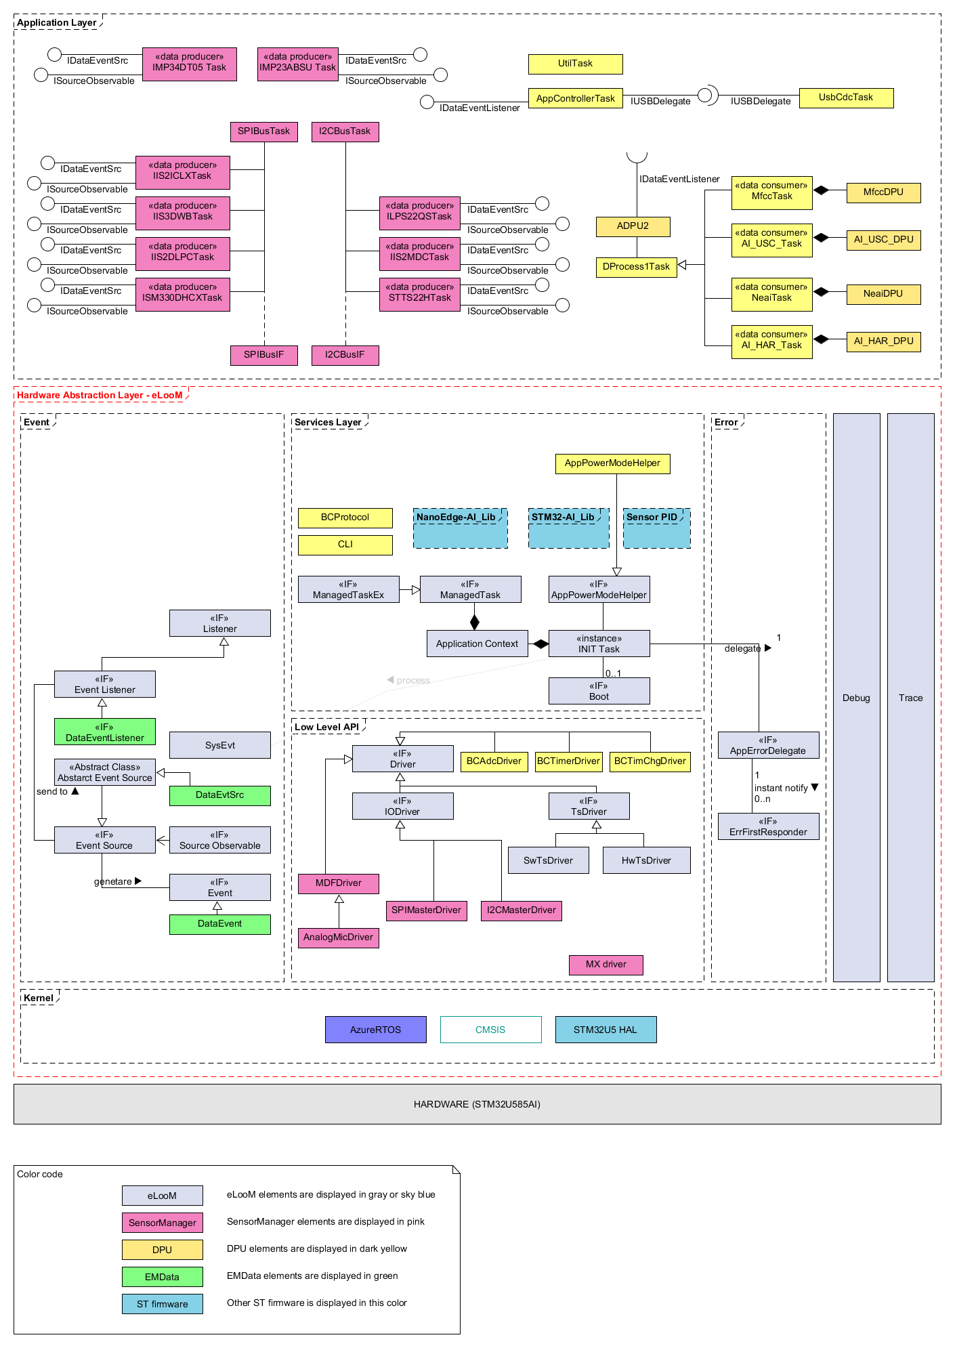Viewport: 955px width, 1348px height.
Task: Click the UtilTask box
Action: (x=575, y=64)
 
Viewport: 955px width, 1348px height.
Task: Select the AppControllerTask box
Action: (x=575, y=98)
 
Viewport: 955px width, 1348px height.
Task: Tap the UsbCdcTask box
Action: (x=846, y=98)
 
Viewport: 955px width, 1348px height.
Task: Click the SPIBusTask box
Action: (x=263, y=131)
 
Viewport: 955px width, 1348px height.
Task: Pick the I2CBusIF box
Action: (x=345, y=355)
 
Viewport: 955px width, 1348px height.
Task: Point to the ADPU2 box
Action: (x=633, y=226)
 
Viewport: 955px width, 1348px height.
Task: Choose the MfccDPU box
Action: (x=883, y=192)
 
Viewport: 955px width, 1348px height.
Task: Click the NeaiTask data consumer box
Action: (x=771, y=294)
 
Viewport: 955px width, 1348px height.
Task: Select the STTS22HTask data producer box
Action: (x=419, y=294)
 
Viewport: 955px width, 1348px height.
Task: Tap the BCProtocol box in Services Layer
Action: (x=345, y=518)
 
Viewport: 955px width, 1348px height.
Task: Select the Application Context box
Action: (x=477, y=644)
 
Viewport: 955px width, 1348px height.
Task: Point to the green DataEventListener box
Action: (x=104, y=732)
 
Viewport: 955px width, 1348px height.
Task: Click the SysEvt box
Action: (x=219, y=745)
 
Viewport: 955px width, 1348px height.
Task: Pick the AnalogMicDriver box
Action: (x=338, y=938)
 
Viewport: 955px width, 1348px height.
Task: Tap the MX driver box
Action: (x=606, y=965)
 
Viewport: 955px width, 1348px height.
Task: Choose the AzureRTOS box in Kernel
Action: (x=375, y=1030)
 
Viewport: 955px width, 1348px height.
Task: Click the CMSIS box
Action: (x=490, y=1030)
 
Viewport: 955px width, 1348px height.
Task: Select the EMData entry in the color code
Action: (x=162, y=1277)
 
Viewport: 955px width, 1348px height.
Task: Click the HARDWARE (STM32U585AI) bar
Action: (x=477, y=1104)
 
